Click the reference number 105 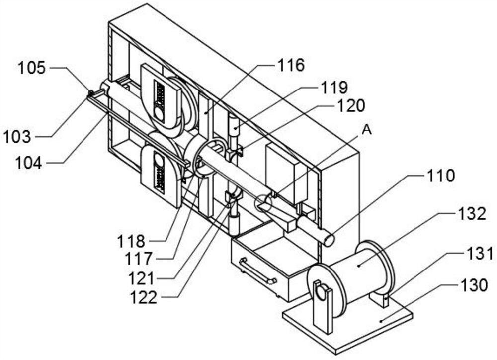[x=32, y=68]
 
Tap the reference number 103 [x=17, y=137]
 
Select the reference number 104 [x=28, y=163]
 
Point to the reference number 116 [x=291, y=65]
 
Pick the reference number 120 [x=350, y=105]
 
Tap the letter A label [x=366, y=130]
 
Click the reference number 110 [x=440, y=175]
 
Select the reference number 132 [x=471, y=214]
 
